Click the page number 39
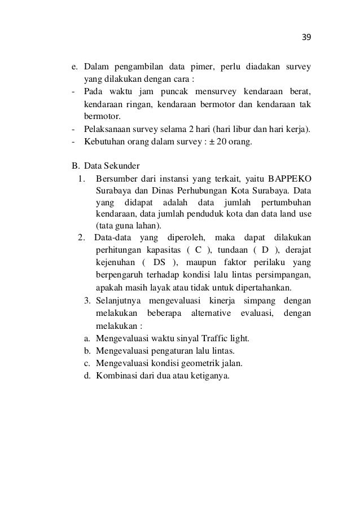[x=306, y=37]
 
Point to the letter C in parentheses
[x=198, y=250]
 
